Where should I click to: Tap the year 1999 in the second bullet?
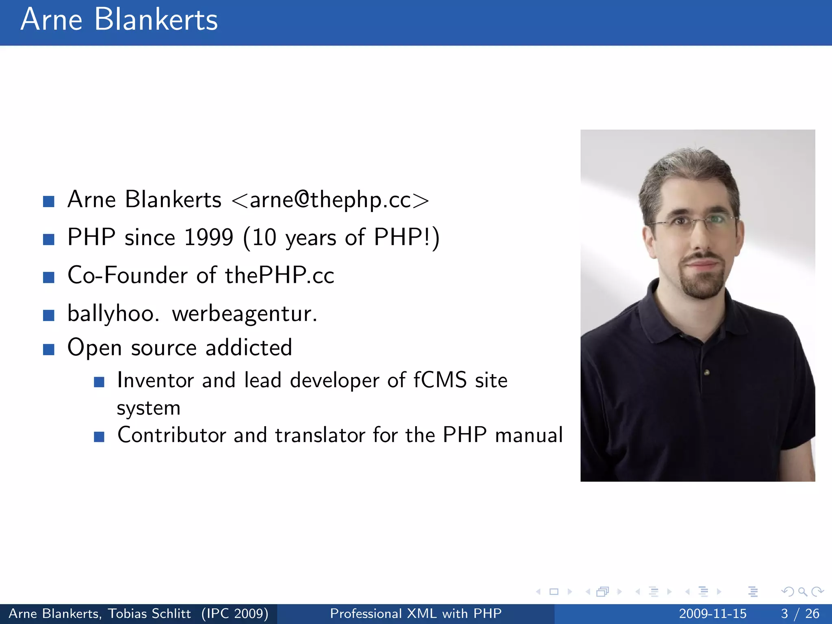208,237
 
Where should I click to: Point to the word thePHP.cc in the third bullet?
279,275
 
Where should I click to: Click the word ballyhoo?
113,314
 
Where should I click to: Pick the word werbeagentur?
244,314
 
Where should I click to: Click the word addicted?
249,348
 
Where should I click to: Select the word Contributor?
171,435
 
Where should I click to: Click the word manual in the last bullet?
529,435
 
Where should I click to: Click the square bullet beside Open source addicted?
49,349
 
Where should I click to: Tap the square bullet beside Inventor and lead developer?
99,382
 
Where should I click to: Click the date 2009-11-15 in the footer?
713,613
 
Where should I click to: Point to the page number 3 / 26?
800,613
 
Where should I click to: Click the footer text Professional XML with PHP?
416,613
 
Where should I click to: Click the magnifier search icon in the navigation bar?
802,591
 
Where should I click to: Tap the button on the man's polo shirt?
707,372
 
